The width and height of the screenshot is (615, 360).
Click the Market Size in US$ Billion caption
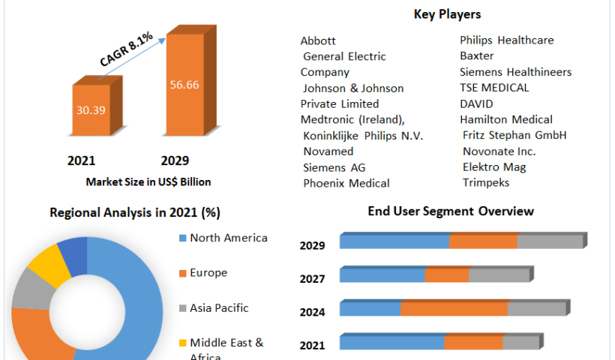click(148, 181)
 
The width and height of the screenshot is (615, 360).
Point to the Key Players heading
click(447, 14)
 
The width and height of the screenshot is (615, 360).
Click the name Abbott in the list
click(318, 40)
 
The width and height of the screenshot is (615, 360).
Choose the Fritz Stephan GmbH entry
click(514, 135)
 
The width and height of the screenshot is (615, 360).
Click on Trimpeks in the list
click(485, 182)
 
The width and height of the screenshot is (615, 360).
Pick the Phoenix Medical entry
click(346, 183)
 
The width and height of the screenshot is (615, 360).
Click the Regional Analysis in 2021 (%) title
click(134, 212)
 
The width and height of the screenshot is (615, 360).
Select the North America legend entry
click(228, 238)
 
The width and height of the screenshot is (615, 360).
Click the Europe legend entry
click(208, 273)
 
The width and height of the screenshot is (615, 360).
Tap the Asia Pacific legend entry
click(218, 307)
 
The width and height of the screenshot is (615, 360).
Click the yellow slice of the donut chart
click(45, 264)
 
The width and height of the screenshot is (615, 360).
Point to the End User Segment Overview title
click(451, 211)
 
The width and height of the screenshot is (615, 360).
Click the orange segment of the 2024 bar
click(454, 309)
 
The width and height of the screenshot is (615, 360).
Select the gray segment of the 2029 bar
click(550, 241)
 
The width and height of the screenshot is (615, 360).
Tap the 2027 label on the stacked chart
click(312, 279)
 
